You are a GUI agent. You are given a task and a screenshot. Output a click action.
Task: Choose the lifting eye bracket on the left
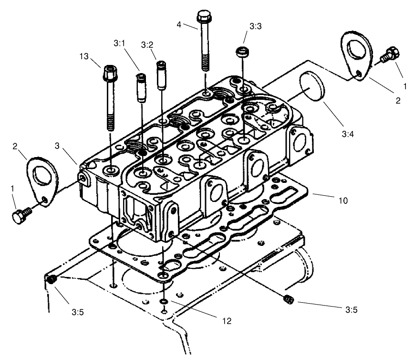click(42, 178)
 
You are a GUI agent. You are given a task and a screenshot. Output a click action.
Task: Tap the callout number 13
click(83, 57)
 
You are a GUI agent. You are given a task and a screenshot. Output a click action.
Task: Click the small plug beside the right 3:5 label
click(288, 299)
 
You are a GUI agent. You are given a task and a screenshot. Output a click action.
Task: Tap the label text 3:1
click(119, 43)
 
